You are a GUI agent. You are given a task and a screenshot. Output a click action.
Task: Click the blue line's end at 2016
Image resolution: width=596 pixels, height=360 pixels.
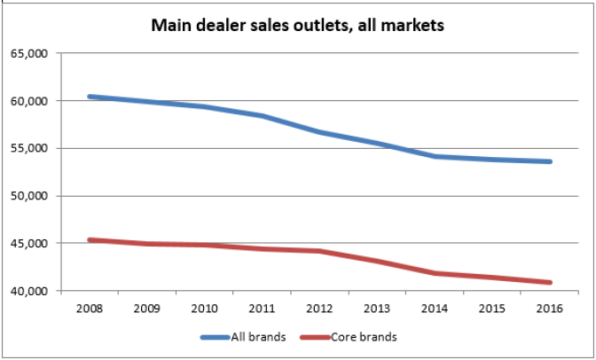point(550,161)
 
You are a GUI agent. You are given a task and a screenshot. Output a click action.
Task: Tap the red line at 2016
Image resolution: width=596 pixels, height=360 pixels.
point(550,283)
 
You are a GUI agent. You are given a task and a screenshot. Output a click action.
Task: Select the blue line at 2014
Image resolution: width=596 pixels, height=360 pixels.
point(435,156)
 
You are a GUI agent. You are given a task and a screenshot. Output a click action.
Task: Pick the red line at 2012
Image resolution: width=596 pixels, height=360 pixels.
point(320,251)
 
